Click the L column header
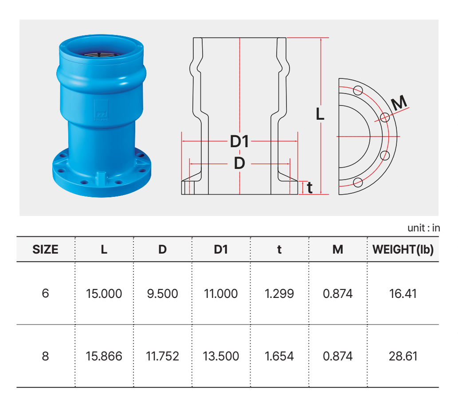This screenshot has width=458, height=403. click(x=104, y=250)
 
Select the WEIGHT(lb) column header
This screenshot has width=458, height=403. click(x=403, y=250)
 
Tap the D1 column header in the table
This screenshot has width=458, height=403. click(x=221, y=250)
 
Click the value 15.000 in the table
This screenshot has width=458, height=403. click(x=104, y=293)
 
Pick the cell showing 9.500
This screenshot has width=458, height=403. click(x=162, y=293)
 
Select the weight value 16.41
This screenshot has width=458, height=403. click(x=403, y=293)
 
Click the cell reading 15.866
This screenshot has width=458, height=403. click(x=104, y=356)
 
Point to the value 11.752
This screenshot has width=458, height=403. click(x=162, y=356)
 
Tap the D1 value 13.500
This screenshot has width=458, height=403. click(x=221, y=356)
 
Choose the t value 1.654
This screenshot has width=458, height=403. click(x=279, y=356)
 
